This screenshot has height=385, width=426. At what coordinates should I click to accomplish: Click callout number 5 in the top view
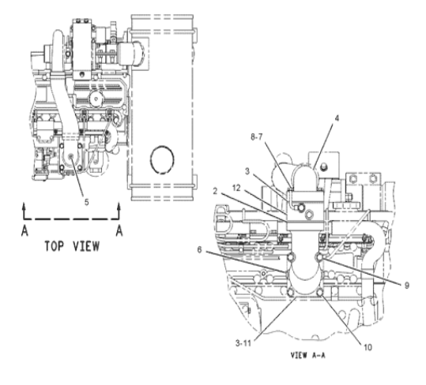point(86,202)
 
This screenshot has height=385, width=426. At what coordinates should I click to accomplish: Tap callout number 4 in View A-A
point(337,118)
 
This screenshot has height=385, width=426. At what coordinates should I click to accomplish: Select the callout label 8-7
point(256,137)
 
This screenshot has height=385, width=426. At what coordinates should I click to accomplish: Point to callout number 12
point(236,188)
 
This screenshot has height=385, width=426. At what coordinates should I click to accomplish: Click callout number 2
point(215,192)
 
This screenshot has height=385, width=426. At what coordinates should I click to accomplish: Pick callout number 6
point(199,250)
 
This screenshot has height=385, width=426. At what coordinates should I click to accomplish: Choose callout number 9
point(407,286)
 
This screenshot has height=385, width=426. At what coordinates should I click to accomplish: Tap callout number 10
point(368,347)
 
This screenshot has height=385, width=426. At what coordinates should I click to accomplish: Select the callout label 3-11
point(243,343)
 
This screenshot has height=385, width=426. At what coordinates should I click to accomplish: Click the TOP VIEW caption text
point(72,246)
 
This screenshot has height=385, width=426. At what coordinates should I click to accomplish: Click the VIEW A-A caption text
point(307,355)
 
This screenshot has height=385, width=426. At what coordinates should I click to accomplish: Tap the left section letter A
point(25,231)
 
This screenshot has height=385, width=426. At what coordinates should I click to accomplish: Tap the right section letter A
point(119,231)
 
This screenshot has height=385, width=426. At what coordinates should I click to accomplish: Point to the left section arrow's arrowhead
point(25,205)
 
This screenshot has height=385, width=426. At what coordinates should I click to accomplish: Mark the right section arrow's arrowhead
point(119,205)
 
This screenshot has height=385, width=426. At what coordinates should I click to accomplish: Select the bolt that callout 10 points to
point(320,293)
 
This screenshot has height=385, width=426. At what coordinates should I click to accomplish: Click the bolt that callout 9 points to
point(319,256)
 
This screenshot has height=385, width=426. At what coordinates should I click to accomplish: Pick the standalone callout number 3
point(247,172)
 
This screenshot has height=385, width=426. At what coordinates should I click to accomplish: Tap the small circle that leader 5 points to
point(71,156)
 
